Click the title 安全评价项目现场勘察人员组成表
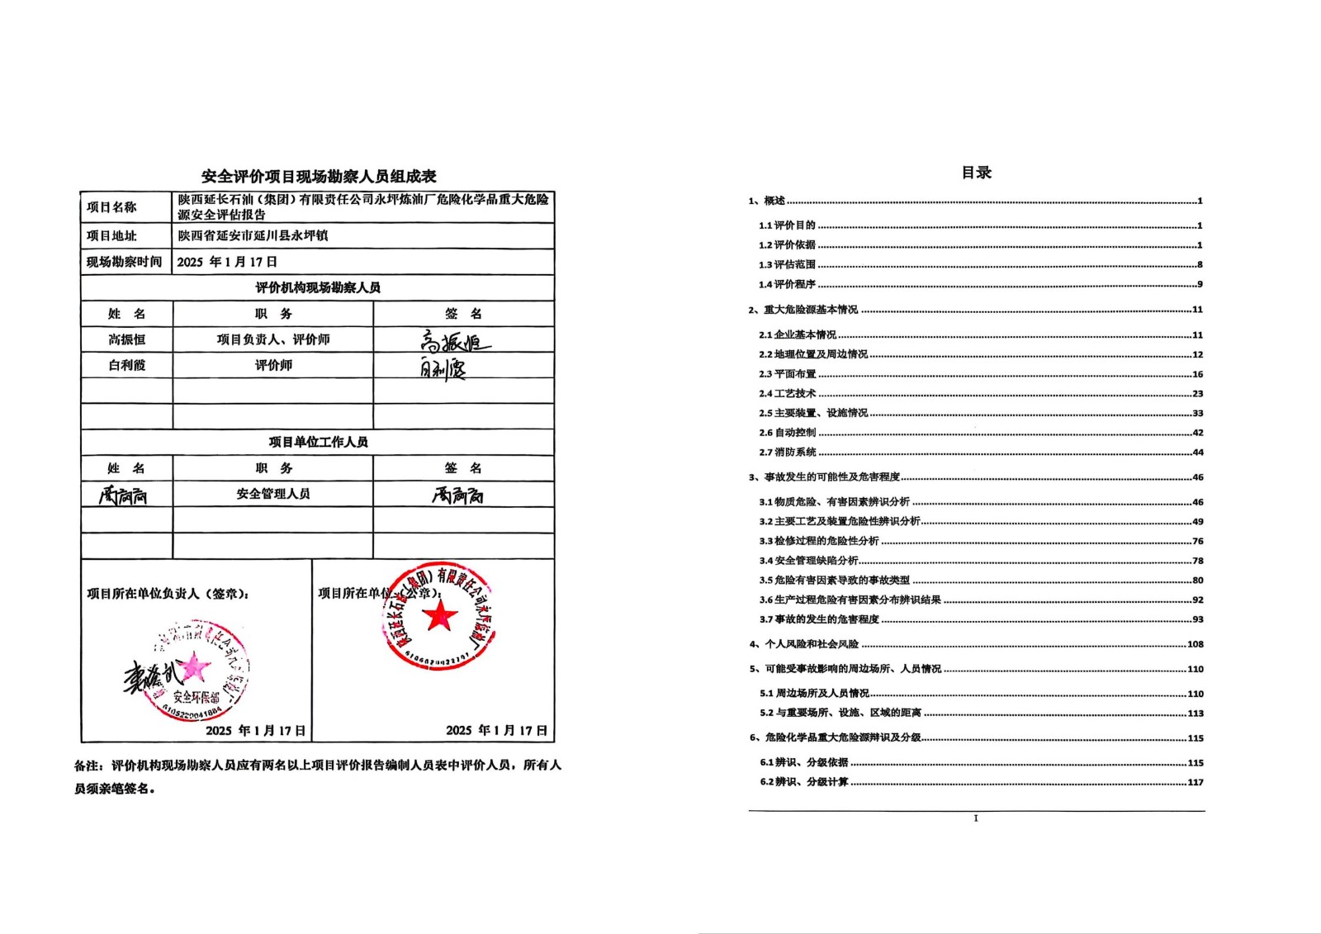319,176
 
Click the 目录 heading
976,173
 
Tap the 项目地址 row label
111,235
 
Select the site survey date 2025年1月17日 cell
227,262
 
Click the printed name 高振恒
126,339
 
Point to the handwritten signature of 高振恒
453,340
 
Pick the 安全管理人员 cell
272,494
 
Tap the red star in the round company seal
440,615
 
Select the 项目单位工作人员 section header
318,442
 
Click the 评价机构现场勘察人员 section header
318,287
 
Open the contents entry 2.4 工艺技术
788,394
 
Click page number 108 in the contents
1195,644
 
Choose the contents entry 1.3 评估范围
788,265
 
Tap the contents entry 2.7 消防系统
788,453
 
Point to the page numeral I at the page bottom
976,818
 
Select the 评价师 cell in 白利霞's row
272,365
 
